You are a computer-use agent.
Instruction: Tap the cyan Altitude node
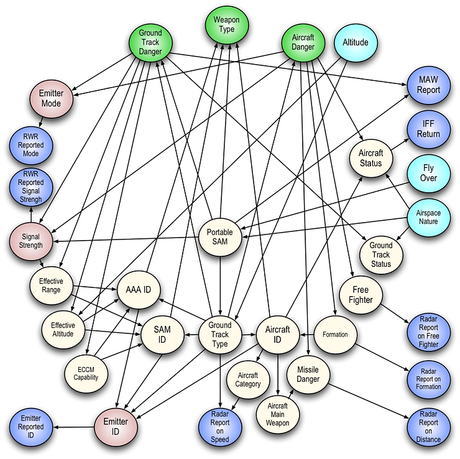[356, 43]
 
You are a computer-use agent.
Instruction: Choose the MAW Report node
[429, 85]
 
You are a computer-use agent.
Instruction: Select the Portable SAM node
[219, 236]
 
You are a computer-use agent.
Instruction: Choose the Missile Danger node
[308, 375]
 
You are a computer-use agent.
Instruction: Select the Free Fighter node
[361, 295]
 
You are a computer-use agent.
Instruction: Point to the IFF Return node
[429, 129]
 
